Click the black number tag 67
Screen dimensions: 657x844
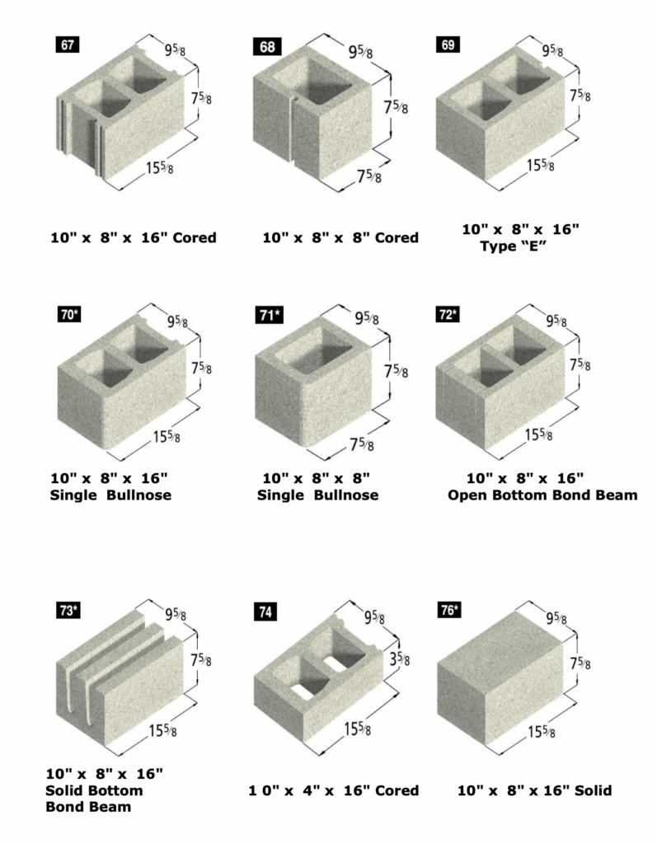tap(68, 45)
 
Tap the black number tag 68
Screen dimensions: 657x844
tap(267, 47)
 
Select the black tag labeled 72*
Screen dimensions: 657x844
tap(448, 314)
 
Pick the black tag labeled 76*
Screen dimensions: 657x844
tap(449, 611)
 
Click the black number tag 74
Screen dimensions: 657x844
tap(265, 612)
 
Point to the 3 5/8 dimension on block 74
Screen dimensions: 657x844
tap(400, 658)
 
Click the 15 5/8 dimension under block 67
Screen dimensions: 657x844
tap(159, 167)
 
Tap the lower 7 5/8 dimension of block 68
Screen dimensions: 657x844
tap(368, 175)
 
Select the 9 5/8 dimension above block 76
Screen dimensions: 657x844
tap(556, 618)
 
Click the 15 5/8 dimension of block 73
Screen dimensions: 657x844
tap(162, 730)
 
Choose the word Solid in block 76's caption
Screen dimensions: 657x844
tap(591, 790)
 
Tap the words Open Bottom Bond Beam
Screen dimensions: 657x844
tap(542, 495)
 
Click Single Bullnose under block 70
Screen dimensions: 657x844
tap(110, 495)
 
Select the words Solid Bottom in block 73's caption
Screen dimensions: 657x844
tap(94, 790)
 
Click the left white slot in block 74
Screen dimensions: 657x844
tap(302, 692)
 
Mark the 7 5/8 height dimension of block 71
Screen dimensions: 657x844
tap(396, 372)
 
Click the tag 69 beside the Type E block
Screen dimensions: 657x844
tap(448, 45)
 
